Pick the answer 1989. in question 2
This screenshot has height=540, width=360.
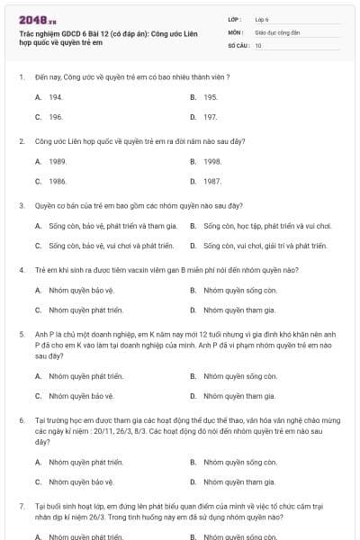pos(58,161)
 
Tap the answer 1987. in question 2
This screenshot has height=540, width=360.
pos(212,181)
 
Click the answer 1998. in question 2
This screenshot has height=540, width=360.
pos(212,161)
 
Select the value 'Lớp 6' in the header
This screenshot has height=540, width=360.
pos(262,18)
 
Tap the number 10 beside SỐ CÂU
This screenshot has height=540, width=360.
pos(258,44)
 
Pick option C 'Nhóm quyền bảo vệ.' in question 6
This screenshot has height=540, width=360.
pos(81,481)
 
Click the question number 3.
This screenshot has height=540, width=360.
pos(21,205)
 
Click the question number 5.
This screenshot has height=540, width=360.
pos(21,333)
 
